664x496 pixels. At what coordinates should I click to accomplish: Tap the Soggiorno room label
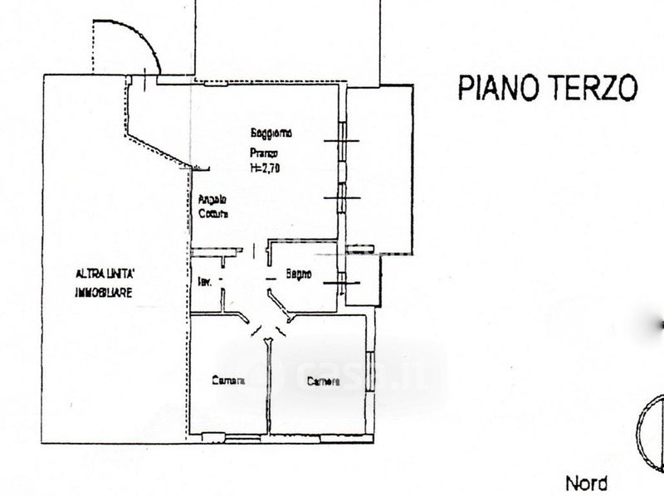coord(272,134)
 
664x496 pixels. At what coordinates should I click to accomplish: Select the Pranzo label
coord(267,153)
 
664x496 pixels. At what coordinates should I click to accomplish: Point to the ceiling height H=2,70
coord(268,167)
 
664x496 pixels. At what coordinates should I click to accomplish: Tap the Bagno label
coord(299,274)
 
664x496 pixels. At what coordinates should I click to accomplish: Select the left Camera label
coord(228,382)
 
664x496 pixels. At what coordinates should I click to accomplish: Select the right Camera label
coord(323,382)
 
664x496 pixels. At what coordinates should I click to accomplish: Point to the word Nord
coord(587,483)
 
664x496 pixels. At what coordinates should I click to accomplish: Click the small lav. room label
coord(204,282)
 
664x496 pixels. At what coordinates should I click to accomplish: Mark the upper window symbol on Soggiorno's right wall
coord(341,142)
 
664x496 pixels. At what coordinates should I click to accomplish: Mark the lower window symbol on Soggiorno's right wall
coord(340,198)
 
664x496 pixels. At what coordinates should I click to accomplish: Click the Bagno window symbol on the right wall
coord(341,283)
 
